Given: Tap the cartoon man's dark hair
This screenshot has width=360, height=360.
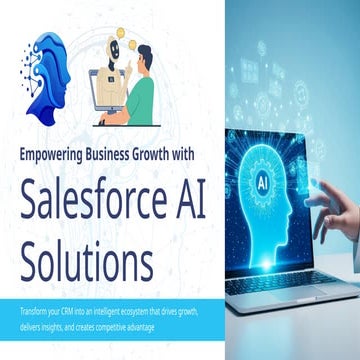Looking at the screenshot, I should tap(146, 52).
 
